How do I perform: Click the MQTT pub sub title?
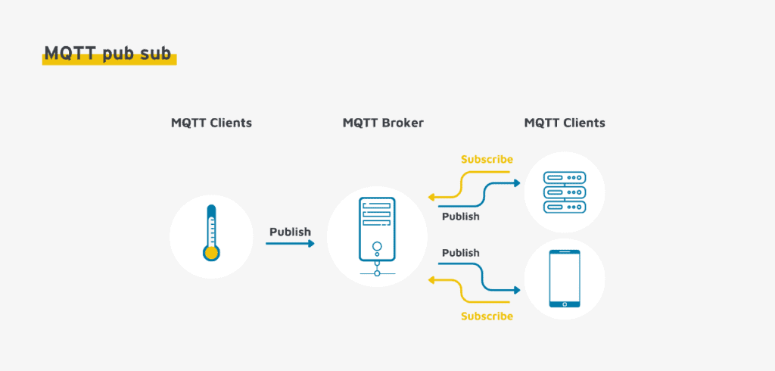[107, 54]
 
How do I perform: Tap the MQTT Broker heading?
[383, 123]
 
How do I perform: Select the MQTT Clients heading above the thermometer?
[212, 123]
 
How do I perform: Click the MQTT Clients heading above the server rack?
[565, 123]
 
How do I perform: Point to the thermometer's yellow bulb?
[211, 253]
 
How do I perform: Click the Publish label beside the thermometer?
[290, 232]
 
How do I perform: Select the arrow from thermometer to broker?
[290, 243]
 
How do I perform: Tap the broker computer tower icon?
[377, 236]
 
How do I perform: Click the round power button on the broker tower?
[377, 246]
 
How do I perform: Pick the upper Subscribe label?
[487, 159]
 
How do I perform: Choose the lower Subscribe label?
[487, 316]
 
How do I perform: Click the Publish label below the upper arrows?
[461, 217]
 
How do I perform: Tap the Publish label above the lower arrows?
[461, 253]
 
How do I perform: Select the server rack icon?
[565, 192]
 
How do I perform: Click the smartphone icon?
[565, 279]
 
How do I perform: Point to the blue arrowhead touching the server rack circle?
[517, 183]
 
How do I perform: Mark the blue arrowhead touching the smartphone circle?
[517, 290]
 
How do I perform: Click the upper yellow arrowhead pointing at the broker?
[431, 197]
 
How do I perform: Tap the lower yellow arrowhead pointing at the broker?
[431, 280]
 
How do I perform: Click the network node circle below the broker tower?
[377, 273]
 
